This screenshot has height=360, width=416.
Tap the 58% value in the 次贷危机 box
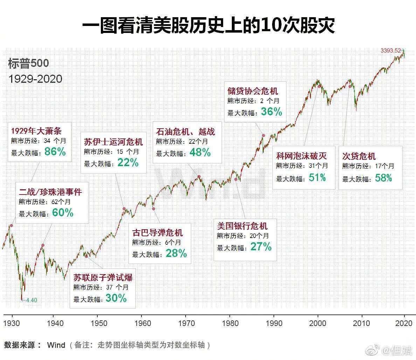point(383,178)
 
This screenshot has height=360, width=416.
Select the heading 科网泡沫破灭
point(301,156)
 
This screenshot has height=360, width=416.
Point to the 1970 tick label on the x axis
point(186,322)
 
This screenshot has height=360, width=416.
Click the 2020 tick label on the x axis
point(404,322)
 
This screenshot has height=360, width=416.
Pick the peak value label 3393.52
point(390,50)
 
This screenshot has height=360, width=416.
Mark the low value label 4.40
point(31,300)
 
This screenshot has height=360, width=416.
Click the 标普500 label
point(28,63)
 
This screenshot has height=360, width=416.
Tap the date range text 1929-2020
point(35,79)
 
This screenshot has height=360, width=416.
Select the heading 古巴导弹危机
point(157,233)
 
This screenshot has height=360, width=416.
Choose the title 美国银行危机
point(242,225)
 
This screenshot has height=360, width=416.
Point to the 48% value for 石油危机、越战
point(200,152)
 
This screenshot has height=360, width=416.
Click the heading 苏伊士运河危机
point(113,142)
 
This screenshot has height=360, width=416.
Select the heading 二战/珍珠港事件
point(50,192)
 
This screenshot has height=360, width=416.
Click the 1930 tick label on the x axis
point(12,322)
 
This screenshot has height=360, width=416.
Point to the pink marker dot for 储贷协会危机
point(263,135)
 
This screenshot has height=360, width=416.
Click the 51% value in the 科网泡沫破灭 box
point(317,178)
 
